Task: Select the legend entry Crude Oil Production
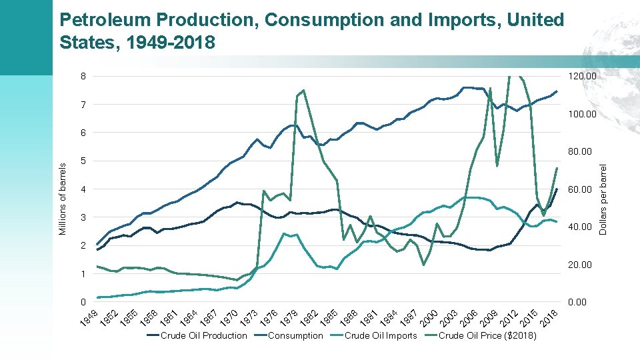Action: coord(203,335)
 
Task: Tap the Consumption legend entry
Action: coord(295,335)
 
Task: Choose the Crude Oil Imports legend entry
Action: coord(380,335)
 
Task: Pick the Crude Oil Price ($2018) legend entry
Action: coord(487,335)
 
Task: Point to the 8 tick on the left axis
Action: coord(83,76)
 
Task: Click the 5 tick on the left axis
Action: coord(83,161)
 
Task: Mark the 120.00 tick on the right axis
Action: coord(582,77)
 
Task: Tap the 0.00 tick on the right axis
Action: coord(577,303)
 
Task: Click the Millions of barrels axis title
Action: coord(63,199)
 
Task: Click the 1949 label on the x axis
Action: coord(89,319)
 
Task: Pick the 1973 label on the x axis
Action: coord(249,319)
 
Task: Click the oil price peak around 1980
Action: coord(303,90)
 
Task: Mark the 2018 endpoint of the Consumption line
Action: coord(557,91)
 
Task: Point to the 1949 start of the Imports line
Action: coord(97,297)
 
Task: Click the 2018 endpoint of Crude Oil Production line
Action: coord(557,189)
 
